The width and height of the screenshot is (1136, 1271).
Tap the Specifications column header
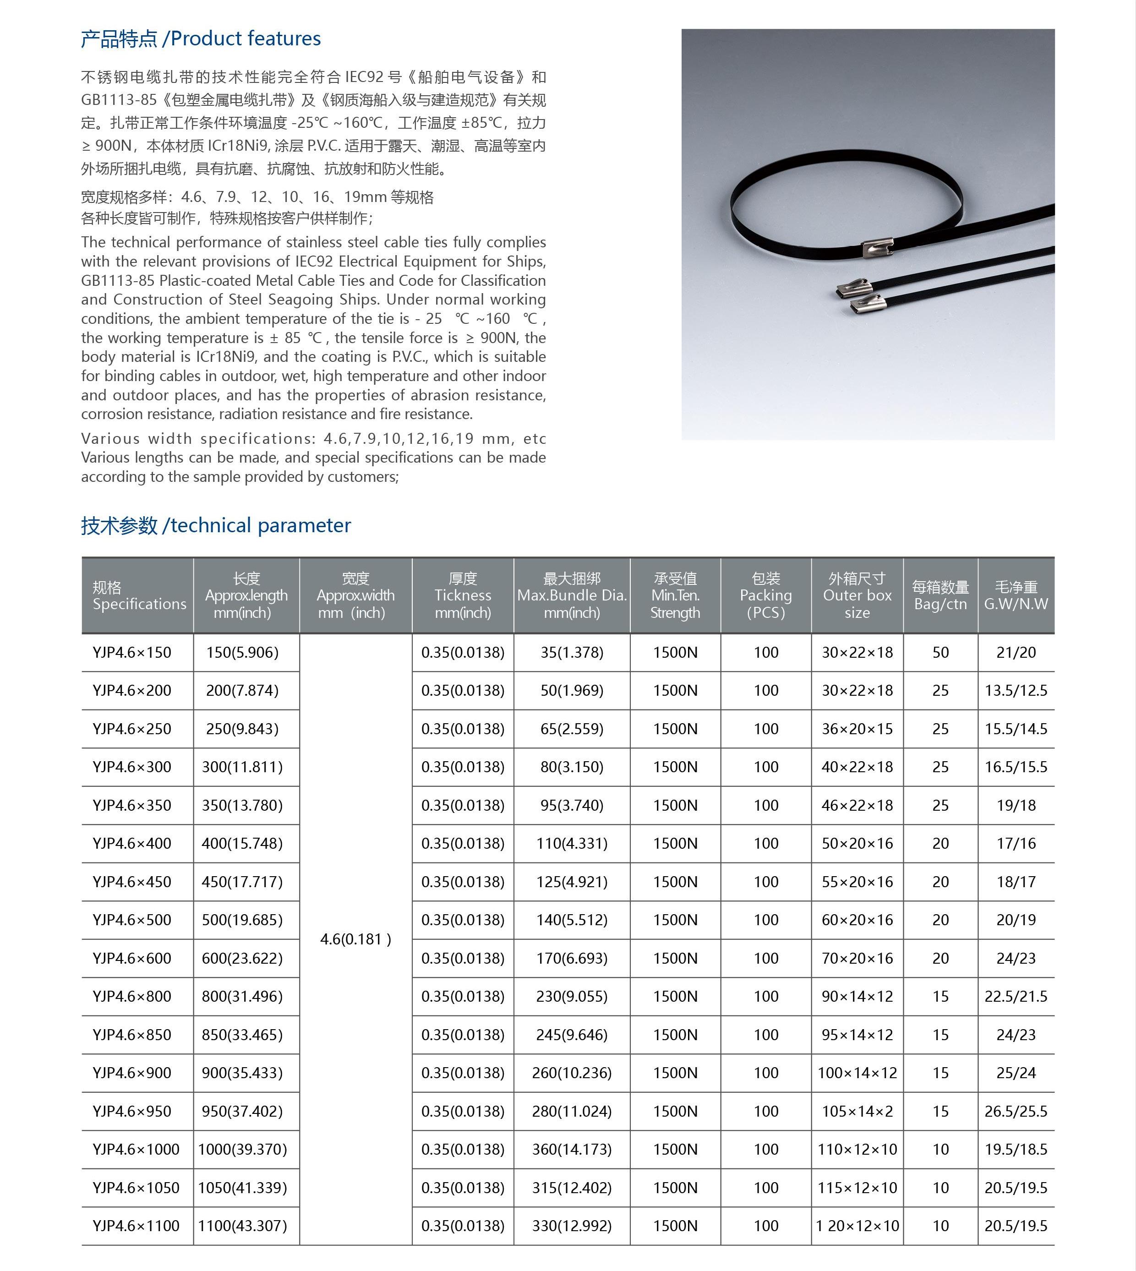point(139,596)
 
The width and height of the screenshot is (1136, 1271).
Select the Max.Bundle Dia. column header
point(571,596)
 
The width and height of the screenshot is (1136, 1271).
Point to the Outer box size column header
point(857,596)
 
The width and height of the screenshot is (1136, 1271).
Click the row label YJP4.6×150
point(132,653)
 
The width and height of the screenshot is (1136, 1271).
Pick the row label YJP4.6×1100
point(136,1226)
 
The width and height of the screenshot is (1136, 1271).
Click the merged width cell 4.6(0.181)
point(355,939)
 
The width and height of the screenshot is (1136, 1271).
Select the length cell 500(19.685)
point(242,920)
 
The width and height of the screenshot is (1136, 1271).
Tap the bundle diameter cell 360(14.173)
point(571,1149)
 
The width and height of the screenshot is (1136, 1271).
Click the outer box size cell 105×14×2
point(857,1111)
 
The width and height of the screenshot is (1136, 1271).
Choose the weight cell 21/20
point(1016,653)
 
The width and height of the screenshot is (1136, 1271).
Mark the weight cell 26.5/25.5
point(1016,1111)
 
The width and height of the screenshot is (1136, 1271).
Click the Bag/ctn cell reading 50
point(940,653)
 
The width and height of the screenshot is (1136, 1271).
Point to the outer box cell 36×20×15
point(857,729)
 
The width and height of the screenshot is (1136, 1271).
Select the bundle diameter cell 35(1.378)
point(571,653)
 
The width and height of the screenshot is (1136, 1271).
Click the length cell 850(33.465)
point(242,1035)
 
